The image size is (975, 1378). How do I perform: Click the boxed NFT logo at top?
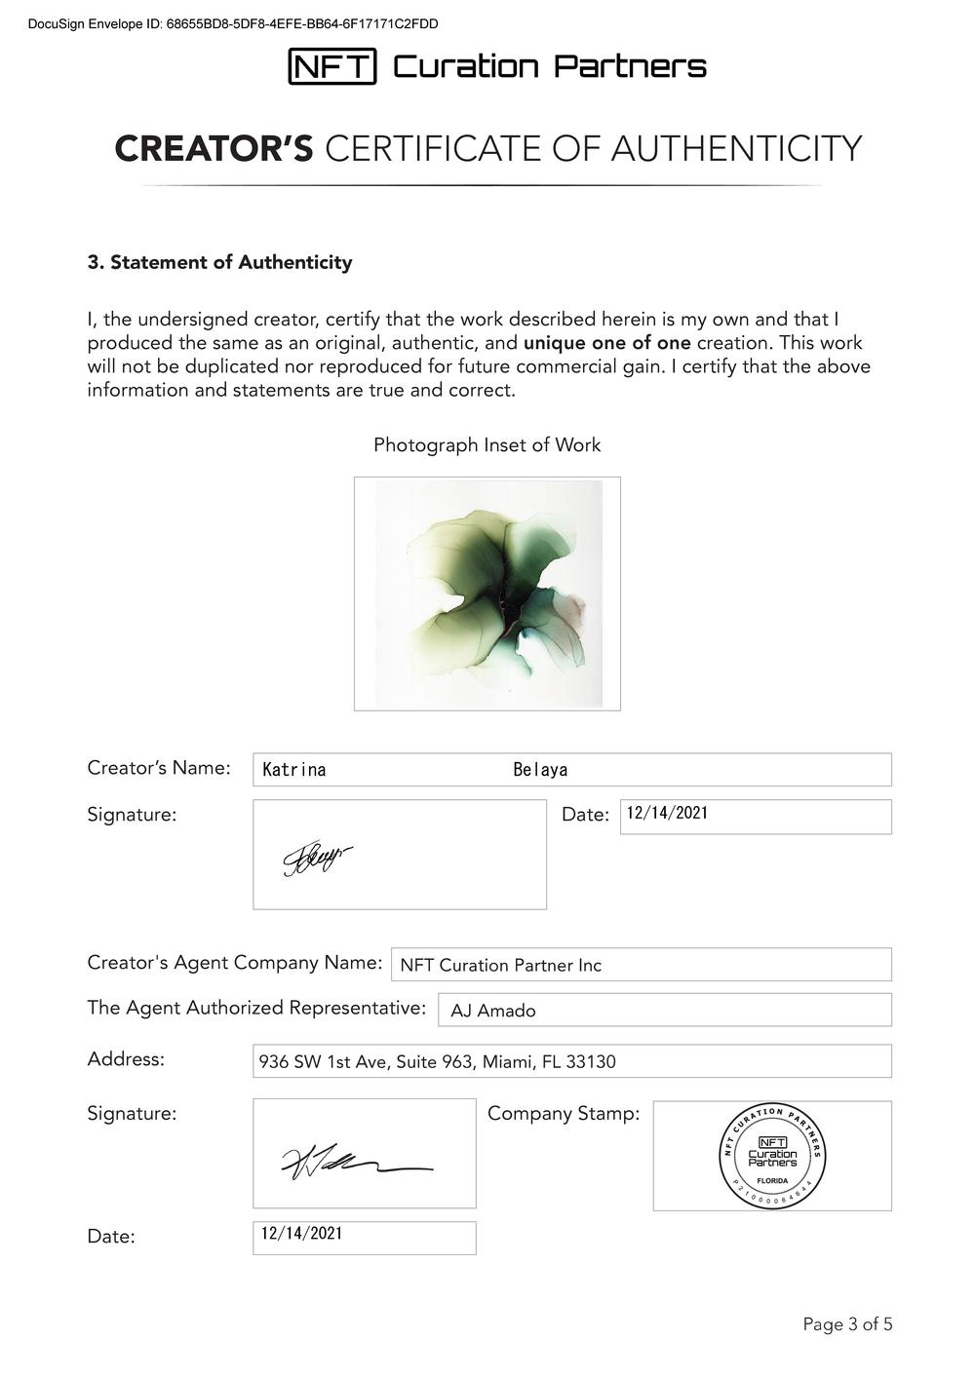(x=331, y=66)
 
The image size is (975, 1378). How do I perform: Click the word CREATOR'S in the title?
(x=214, y=149)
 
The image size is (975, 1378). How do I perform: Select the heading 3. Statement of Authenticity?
(x=219, y=262)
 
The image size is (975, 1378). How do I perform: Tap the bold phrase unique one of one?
(x=606, y=343)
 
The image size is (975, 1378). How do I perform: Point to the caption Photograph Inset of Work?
(x=487, y=445)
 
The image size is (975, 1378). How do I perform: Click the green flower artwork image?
(x=487, y=593)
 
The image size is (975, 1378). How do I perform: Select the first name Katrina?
(x=294, y=770)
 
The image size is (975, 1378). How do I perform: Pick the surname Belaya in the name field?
(x=540, y=770)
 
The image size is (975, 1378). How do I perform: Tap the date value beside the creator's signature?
(x=667, y=813)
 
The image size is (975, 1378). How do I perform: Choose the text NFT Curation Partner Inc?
(x=500, y=966)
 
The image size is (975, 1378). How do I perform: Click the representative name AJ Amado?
(x=492, y=1011)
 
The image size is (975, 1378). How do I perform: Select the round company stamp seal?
(x=772, y=1156)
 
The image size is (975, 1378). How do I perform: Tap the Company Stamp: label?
(x=564, y=1113)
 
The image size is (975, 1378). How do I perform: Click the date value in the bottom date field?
(x=301, y=1234)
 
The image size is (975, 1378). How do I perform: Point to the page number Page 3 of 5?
(x=847, y=1324)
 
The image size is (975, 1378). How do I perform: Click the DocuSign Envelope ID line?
(x=233, y=23)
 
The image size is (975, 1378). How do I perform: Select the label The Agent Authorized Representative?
(x=256, y=1008)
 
